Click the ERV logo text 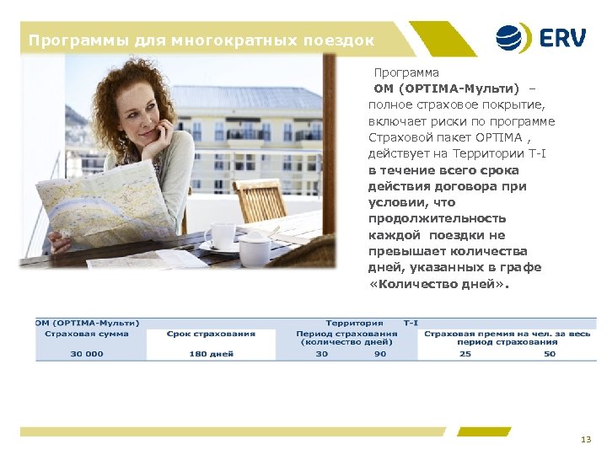click(x=564, y=39)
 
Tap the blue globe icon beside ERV click(x=513, y=39)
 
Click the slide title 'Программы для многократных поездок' click(x=201, y=40)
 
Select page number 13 click(x=586, y=440)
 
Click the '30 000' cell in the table click(x=87, y=354)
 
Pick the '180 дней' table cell click(x=211, y=354)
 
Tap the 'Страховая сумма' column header click(x=87, y=334)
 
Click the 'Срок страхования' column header click(x=211, y=334)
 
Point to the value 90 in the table click(x=380, y=354)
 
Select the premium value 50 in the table click(x=550, y=354)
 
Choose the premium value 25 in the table click(x=465, y=354)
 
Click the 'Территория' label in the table click(x=354, y=323)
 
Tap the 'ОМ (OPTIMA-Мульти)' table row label click(x=88, y=323)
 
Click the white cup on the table click(x=220, y=235)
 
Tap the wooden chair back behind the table click(x=259, y=199)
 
